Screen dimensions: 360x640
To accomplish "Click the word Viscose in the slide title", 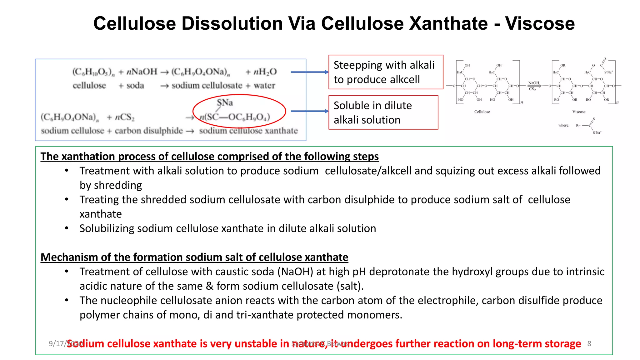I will click(540, 23).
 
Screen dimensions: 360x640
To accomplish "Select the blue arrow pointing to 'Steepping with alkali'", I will click(309, 72).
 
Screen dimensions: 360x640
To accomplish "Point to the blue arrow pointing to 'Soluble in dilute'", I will click(309, 111).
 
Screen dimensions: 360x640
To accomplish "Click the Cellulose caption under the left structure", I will click(482, 112).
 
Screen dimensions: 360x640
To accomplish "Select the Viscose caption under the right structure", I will click(579, 112).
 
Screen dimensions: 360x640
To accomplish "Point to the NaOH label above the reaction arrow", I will click(533, 83).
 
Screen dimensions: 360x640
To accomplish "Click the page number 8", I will click(589, 344).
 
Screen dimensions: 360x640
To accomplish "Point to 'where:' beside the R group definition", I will click(564, 126).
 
